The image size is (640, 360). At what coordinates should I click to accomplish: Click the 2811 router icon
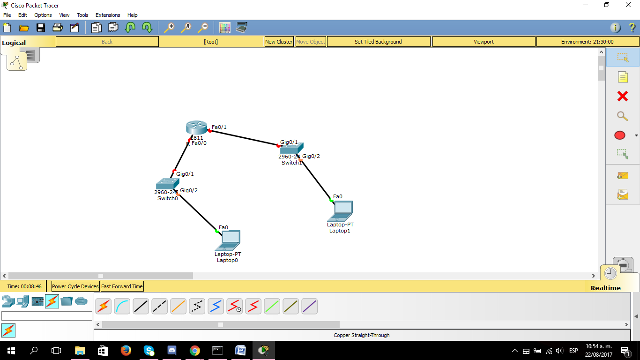(x=196, y=127)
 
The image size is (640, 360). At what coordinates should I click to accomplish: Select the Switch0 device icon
(x=167, y=184)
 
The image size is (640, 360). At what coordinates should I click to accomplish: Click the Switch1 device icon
(x=291, y=148)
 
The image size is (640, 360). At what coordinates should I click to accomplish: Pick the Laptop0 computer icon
(x=228, y=240)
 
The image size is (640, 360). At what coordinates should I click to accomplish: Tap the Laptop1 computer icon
(x=341, y=211)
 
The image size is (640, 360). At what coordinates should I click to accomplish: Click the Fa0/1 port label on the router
(x=219, y=127)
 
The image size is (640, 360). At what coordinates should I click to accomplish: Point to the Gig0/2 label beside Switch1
(x=311, y=156)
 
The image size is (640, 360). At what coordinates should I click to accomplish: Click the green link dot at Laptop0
(x=217, y=231)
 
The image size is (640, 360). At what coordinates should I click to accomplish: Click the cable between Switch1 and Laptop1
(x=316, y=180)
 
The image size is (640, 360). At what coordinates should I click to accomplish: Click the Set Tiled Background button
(x=378, y=42)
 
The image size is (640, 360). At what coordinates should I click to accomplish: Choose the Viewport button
(x=484, y=42)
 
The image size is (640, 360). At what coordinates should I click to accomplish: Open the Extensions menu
(x=108, y=15)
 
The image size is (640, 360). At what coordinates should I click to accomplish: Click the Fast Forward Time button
(x=122, y=286)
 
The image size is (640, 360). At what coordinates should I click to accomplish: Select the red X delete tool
(x=622, y=97)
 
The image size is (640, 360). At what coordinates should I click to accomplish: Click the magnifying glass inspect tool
(x=622, y=116)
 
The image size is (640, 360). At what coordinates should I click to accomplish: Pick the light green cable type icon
(x=272, y=307)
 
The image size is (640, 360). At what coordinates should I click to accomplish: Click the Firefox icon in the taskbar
(x=126, y=350)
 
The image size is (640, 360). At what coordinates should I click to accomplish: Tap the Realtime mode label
(x=605, y=288)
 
